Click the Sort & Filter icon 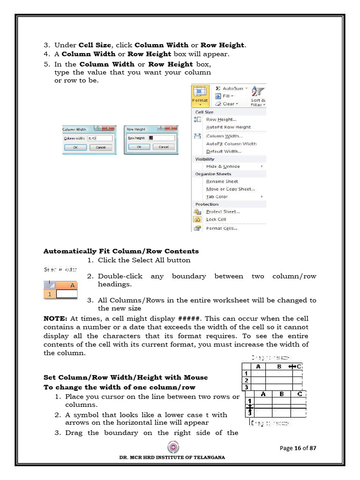[x=258, y=96]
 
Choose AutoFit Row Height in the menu [x=228, y=127]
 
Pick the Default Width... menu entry [x=224, y=151]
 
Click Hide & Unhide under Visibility [x=223, y=166]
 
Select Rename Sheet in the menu [x=222, y=181]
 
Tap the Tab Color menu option [x=217, y=196]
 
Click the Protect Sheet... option [x=223, y=211]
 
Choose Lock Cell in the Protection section [x=216, y=219]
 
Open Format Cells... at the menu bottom [x=221, y=228]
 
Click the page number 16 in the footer [x=297, y=448]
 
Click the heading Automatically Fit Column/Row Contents [x=121, y=251]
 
